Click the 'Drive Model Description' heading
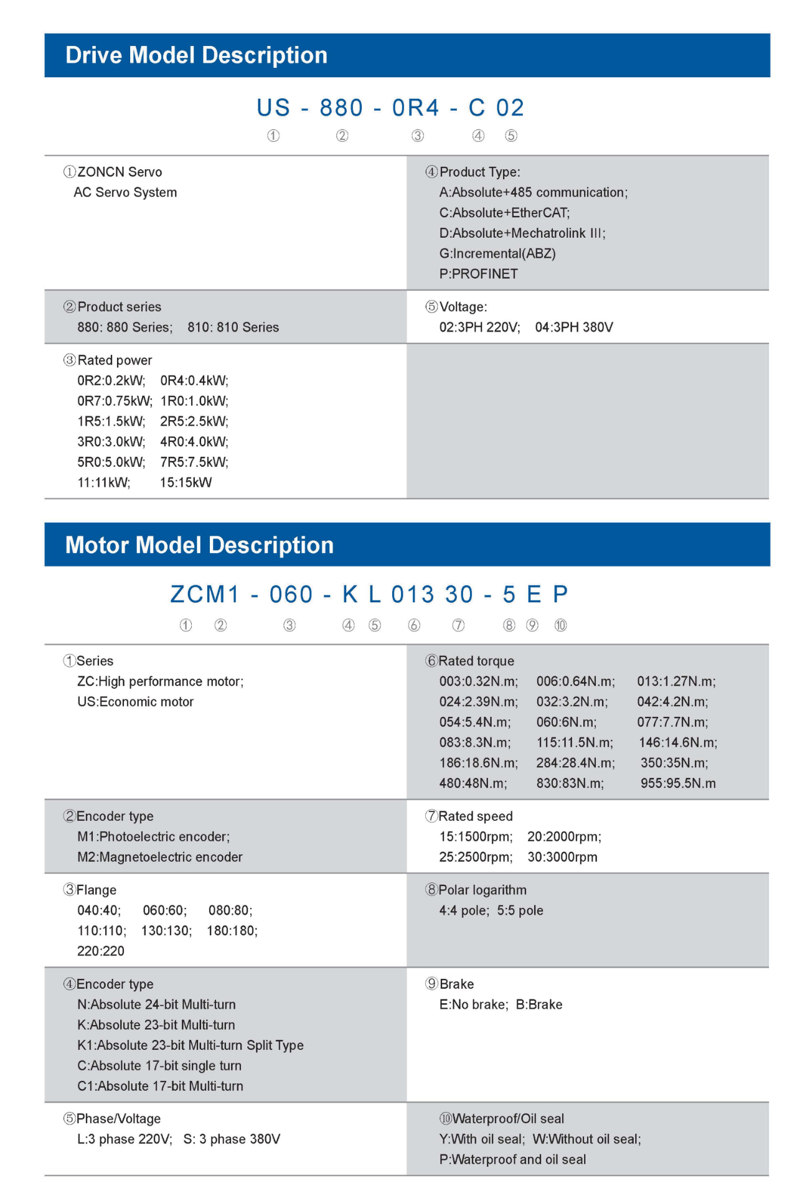click(x=196, y=55)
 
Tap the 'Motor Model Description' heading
click(x=199, y=545)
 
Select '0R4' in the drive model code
click(x=415, y=108)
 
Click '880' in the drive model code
click(x=341, y=108)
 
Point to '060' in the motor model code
click(x=291, y=595)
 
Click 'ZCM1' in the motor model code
click(x=205, y=595)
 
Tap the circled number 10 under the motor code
click(x=560, y=625)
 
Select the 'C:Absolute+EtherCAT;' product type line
click(x=504, y=213)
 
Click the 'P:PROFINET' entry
click(x=478, y=274)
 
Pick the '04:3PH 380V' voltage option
click(x=574, y=327)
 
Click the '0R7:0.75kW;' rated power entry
click(x=115, y=401)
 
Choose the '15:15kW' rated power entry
click(x=186, y=482)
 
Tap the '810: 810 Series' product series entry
click(x=233, y=327)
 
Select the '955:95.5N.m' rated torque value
click(x=678, y=783)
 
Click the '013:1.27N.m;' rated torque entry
click(x=676, y=681)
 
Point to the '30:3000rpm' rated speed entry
click(x=562, y=857)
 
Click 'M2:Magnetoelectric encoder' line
click(x=160, y=857)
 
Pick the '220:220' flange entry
click(x=101, y=951)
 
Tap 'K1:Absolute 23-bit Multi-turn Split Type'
click(x=191, y=1045)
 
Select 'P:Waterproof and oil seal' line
click(x=512, y=1159)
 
